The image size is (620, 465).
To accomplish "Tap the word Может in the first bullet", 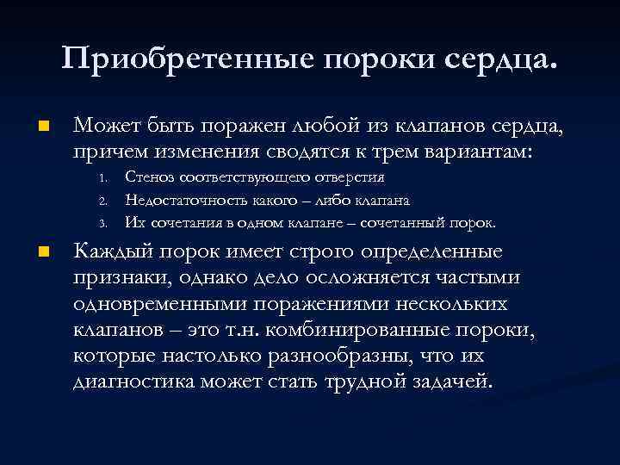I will click(105, 127).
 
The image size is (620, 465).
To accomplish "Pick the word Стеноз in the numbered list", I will click(150, 177).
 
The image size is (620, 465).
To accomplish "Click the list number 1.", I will click(102, 178).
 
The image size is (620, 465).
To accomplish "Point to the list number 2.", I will click(102, 201).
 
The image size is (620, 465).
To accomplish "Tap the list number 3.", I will click(102, 223).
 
